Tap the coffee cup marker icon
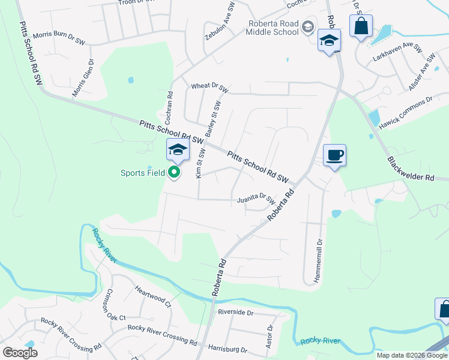pyautogui.click(x=334, y=155)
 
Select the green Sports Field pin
pyautogui.click(x=175, y=173)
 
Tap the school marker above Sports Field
pyautogui.click(x=178, y=150)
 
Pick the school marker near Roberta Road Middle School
pyautogui.click(x=329, y=41)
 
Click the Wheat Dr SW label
pyautogui.click(x=209, y=87)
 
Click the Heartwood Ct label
pyautogui.click(x=153, y=296)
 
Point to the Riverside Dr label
pyautogui.click(x=235, y=313)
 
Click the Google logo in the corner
pyautogui.click(x=20, y=352)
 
